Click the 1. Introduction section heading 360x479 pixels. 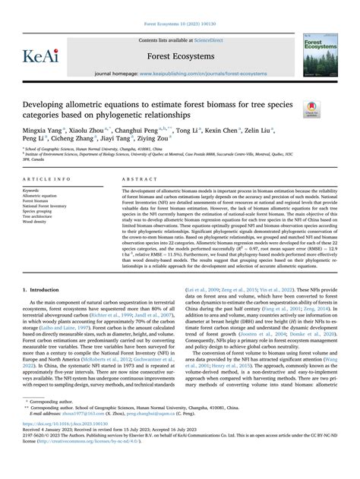[x=46, y=289]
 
